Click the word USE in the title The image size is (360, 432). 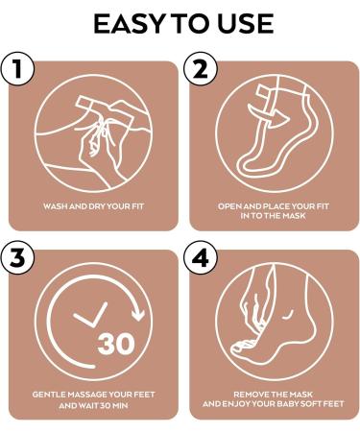click(x=244, y=24)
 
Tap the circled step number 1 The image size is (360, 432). click(x=17, y=68)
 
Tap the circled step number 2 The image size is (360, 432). click(x=201, y=68)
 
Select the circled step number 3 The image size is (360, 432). click(x=17, y=256)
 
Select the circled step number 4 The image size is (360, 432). click(x=201, y=256)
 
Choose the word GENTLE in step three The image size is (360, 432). click(x=48, y=395)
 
